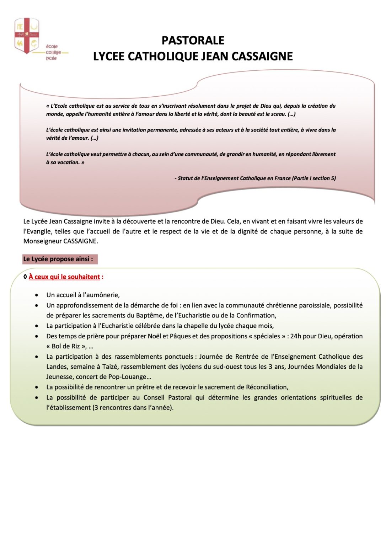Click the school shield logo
click(27, 36)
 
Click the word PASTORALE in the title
click(193, 41)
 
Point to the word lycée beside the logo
click(51, 58)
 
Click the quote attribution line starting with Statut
click(255, 178)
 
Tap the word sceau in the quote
click(278, 114)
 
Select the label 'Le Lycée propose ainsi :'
click(58, 259)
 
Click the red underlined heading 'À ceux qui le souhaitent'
click(64, 277)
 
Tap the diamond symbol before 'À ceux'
click(25, 277)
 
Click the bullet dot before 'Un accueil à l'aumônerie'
click(37, 295)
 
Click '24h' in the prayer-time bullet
click(296, 336)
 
